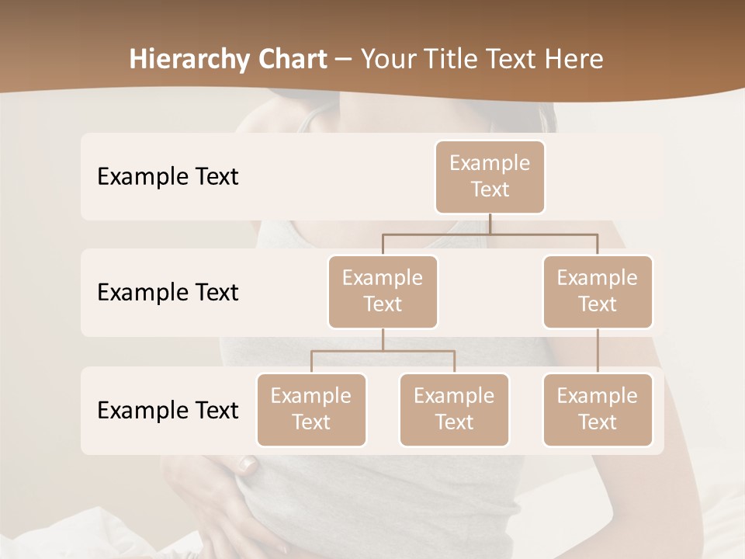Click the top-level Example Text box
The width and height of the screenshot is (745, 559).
tap(490, 176)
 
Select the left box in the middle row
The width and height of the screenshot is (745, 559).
tap(383, 291)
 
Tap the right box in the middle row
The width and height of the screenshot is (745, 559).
tap(598, 291)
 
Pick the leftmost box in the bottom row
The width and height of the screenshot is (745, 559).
tap(311, 409)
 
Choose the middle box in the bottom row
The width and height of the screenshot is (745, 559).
tap(454, 409)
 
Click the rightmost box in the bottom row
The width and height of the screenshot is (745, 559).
tap(598, 409)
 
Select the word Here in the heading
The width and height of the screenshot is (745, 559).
tap(575, 60)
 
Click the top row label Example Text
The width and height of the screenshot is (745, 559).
tap(168, 177)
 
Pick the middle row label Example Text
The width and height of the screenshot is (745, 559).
tap(168, 293)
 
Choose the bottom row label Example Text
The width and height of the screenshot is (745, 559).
tap(168, 411)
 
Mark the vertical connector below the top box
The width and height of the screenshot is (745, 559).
tap(490, 224)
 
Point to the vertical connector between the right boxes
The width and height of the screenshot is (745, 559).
tap(598, 351)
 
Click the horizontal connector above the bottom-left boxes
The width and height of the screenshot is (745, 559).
tap(383, 351)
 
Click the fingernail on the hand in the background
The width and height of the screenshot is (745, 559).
tap(248, 464)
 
